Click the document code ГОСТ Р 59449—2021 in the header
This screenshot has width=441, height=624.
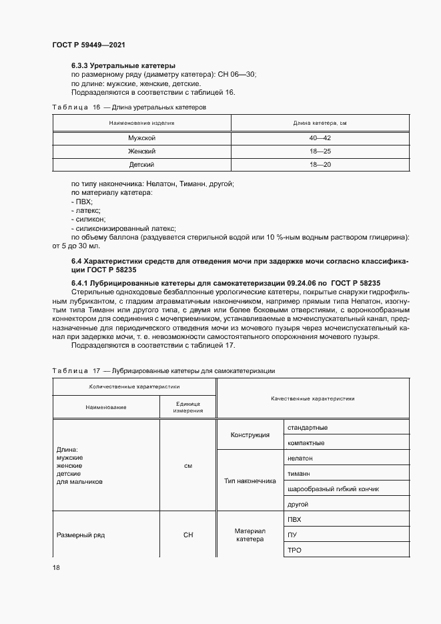tap(89, 45)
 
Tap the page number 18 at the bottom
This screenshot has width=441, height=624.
tap(56, 567)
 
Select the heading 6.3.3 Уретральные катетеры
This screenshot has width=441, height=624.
tap(123, 66)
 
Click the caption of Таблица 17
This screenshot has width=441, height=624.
tap(163, 370)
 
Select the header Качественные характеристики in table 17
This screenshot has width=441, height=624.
tap(313, 398)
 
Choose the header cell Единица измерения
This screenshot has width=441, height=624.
tap(188, 406)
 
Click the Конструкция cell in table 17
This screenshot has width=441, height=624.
tap(250, 435)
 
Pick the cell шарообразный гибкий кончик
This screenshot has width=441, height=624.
tap(333, 489)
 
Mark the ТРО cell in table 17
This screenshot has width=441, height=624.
tap(294, 549)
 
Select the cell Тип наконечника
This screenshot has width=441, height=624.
tap(250, 481)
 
